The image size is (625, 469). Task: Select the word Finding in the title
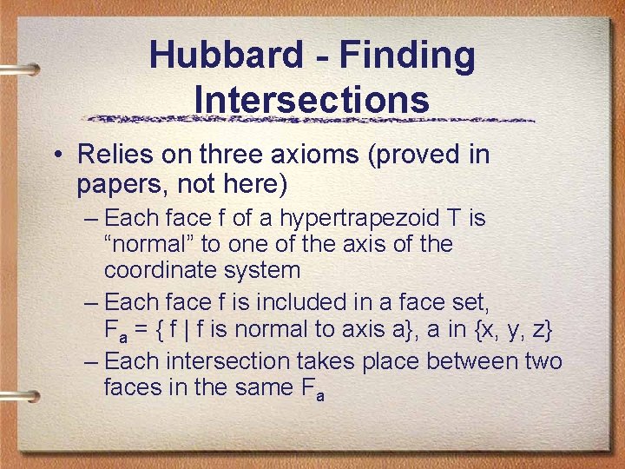tap(407, 56)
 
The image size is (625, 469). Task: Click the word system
tap(262, 270)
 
